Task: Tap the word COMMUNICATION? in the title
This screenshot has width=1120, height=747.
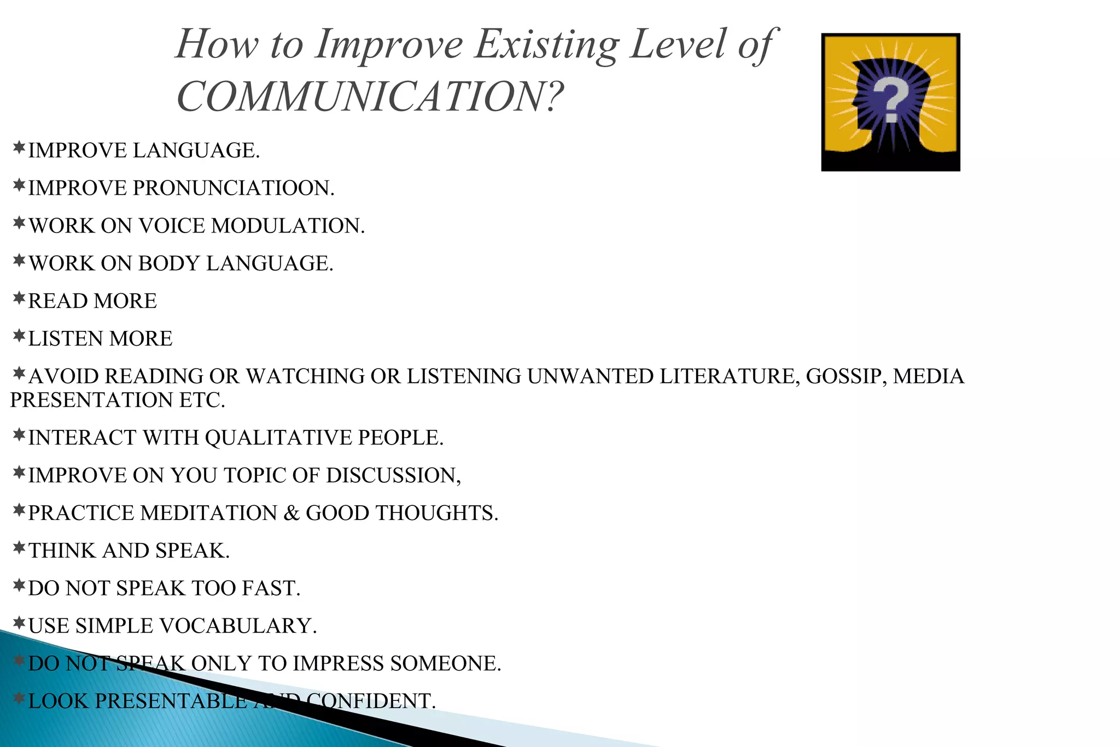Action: (370, 96)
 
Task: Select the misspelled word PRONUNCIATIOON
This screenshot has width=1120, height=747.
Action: (234, 188)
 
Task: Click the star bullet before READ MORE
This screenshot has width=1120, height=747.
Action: (19, 299)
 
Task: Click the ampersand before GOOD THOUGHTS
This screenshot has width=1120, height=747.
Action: (291, 513)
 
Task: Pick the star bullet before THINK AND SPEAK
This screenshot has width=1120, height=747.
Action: (19, 548)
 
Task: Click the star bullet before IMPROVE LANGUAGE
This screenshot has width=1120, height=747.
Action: (19, 148)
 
